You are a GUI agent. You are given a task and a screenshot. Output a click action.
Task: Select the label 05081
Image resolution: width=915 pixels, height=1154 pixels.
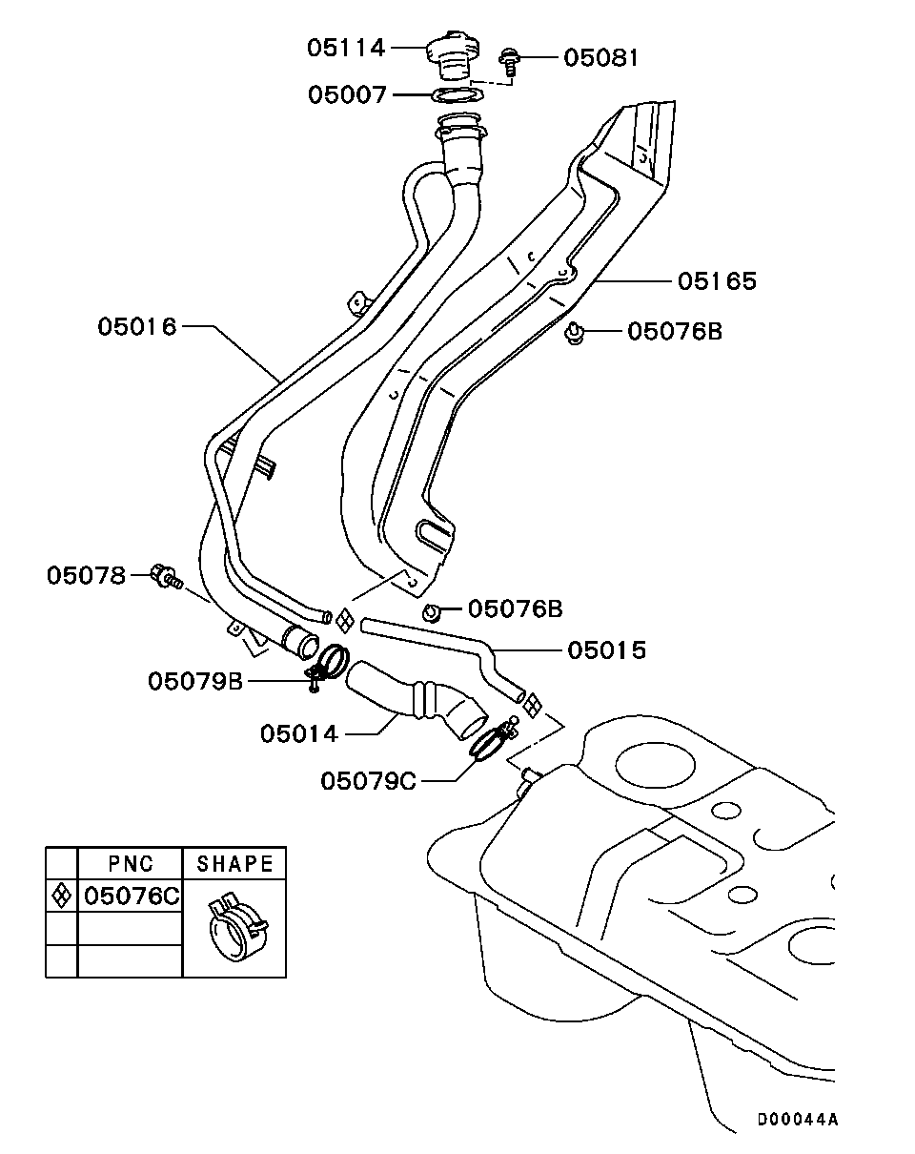click(600, 57)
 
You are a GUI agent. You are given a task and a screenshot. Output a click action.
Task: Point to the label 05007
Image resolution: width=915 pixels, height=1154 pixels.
click(347, 94)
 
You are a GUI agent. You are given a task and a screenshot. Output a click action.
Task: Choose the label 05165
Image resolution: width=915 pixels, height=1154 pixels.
click(717, 280)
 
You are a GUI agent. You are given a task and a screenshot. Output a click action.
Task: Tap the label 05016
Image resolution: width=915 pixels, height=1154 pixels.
click(137, 326)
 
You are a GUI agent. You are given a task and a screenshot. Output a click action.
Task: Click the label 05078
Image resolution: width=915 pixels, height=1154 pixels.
click(86, 575)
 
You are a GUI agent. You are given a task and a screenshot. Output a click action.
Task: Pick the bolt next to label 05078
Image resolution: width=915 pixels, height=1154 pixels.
click(168, 576)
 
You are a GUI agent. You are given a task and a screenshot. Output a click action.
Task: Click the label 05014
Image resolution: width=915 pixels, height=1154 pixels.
click(298, 733)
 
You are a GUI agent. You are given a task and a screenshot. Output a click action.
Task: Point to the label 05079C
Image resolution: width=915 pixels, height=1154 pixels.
click(368, 781)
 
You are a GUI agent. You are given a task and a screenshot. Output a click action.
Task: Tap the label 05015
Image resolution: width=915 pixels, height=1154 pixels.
click(606, 649)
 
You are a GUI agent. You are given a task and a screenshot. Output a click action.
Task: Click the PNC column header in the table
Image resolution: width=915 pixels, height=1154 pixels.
click(130, 864)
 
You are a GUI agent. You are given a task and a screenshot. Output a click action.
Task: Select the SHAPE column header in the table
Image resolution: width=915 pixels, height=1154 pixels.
click(234, 864)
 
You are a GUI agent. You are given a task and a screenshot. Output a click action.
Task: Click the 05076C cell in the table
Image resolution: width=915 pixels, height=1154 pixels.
click(131, 896)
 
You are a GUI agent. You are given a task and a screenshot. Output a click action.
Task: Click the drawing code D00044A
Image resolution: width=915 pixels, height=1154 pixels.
click(798, 1119)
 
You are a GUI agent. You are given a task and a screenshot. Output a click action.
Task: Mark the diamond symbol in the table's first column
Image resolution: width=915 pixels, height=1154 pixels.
click(61, 896)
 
